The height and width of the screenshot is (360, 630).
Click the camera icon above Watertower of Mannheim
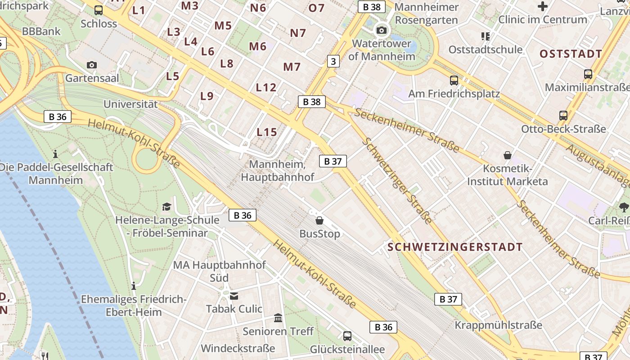382,30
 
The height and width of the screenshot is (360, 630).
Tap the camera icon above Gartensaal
92,65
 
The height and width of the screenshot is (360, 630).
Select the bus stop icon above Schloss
99,10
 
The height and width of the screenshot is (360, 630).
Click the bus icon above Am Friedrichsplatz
454,81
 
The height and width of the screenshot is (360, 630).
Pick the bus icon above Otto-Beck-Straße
563,116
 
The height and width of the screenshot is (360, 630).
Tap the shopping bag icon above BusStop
319,220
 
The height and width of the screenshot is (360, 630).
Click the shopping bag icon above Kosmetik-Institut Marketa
508,155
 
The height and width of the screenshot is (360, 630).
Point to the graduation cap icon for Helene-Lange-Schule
167,207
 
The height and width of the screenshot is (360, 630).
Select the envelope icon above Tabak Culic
234,296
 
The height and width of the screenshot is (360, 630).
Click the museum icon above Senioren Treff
278,318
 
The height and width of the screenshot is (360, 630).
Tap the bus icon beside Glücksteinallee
347,336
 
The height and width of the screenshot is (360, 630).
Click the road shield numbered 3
333,61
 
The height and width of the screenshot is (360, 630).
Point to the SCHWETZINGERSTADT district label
455,247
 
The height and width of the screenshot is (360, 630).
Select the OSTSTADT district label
571,54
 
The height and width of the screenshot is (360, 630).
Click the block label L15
267,132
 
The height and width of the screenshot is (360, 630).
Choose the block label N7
298,33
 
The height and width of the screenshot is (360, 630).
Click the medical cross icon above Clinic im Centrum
543,6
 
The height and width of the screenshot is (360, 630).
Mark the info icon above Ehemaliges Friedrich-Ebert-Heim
133,286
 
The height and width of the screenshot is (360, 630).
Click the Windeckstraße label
238,348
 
